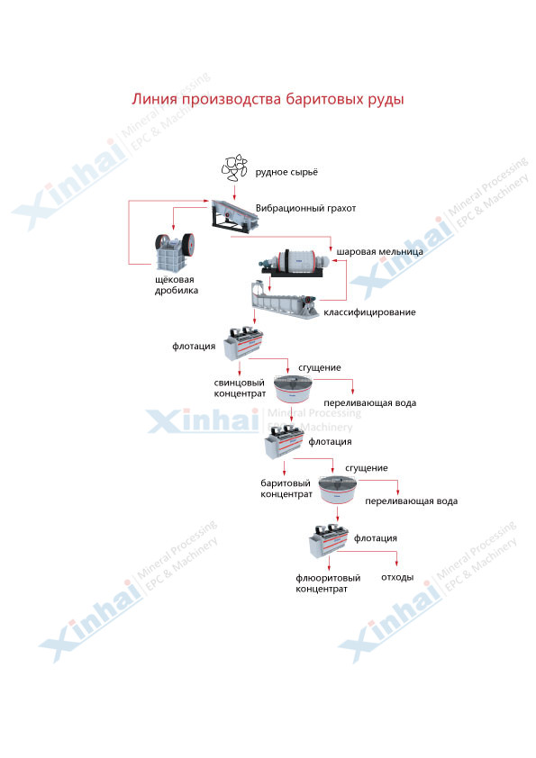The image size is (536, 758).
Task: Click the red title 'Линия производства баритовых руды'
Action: (x=268, y=100)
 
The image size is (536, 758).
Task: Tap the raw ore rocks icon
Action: (x=234, y=167)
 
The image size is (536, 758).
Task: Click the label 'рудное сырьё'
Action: (x=286, y=172)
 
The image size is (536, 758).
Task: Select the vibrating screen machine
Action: (x=234, y=214)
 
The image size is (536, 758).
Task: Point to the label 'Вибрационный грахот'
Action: (x=305, y=208)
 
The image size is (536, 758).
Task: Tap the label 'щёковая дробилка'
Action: (x=177, y=285)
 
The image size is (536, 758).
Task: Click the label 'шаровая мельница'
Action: (x=380, y=251)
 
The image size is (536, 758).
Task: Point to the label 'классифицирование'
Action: (x=369, y=312)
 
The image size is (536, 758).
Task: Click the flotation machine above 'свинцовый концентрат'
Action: (x=243, y=343)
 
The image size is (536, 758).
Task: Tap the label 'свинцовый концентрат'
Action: (x=240, y=388)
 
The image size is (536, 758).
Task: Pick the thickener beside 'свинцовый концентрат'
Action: (x=293, y=389)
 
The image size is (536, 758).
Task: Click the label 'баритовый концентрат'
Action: (x=286, y=489)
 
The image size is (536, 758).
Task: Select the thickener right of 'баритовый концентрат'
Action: (x=338, y=490)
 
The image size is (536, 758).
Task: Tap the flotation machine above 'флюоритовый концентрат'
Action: (x=329, y=539)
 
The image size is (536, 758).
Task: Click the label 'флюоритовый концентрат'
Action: (x=328, y=583)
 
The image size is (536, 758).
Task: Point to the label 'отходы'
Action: (x=397, y=577)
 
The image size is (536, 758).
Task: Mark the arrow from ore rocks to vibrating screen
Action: (x=234, y=191)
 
